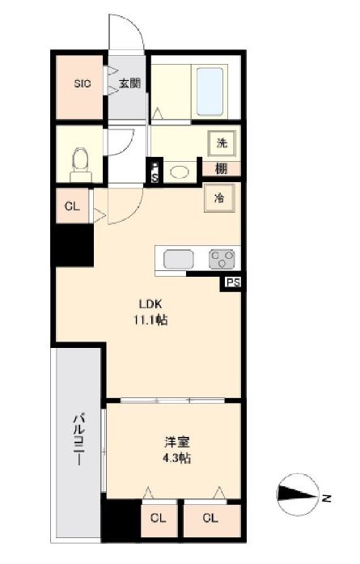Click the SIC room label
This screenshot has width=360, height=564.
coord(83,84)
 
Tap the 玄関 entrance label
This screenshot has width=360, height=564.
coord(129,83)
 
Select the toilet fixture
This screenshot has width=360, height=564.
coord(81,165)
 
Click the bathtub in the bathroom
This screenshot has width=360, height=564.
coord(210,91)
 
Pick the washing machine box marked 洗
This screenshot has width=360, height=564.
coord(222,143)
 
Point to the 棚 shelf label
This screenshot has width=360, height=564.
coord(222,168)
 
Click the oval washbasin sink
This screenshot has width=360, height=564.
coord(179,172)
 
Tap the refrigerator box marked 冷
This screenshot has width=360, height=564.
coord(219,197)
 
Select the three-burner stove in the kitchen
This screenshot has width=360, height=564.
coord(222,259)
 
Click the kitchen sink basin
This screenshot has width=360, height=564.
coord(179,260)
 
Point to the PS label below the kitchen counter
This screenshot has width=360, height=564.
coord(233,282)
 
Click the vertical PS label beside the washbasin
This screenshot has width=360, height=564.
coord(155,172)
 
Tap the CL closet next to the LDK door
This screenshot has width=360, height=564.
coord(72,206)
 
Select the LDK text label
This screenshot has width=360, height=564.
coord(150,304)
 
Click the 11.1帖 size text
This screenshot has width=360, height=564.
coord(150,320)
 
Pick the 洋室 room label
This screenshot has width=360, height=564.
coord(177,442)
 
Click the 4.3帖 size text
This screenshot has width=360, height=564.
coord(176,458)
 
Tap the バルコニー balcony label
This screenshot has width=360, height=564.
coord(79,440)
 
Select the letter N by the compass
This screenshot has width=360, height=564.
coord(326,498)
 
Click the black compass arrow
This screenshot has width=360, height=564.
coord(297,494)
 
